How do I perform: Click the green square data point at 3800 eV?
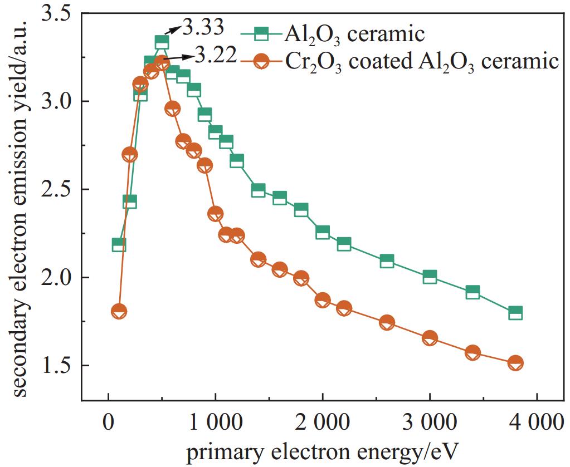coord(515,313)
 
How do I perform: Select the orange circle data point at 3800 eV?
coord(515,363)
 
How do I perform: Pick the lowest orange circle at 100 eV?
coord(119,312)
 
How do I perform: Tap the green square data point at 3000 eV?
coord(430,277)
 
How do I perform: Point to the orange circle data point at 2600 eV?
coord(387,323)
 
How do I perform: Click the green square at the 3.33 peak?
coord(162,43)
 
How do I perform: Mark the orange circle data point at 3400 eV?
coord(472,353)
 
